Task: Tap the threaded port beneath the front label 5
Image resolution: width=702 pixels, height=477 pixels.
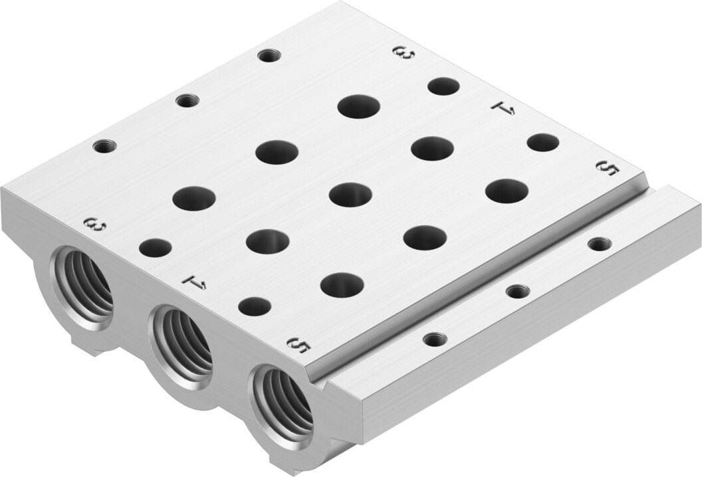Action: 282,401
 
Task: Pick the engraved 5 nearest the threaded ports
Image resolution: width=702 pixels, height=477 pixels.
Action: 299,345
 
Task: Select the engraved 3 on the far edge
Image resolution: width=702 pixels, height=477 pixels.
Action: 404,54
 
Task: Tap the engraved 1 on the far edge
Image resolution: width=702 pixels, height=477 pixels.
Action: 503,108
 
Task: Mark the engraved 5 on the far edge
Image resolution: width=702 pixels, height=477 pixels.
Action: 608,168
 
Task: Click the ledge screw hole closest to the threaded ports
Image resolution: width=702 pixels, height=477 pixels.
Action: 433,339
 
